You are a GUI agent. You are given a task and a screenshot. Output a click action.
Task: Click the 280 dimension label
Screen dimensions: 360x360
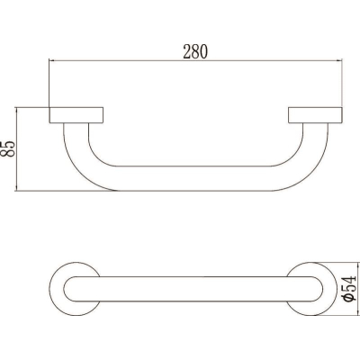point(195,51)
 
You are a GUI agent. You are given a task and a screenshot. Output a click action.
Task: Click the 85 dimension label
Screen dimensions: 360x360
point(7,148)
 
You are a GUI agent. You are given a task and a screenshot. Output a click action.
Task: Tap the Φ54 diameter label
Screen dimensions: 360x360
point(350,289)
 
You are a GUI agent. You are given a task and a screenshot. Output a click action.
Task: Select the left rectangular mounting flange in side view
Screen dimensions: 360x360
point(76,115)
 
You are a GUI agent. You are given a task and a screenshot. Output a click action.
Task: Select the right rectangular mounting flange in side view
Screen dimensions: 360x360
point(315,115)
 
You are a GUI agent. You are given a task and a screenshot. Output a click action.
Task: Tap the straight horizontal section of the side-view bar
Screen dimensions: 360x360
point(194,178)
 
